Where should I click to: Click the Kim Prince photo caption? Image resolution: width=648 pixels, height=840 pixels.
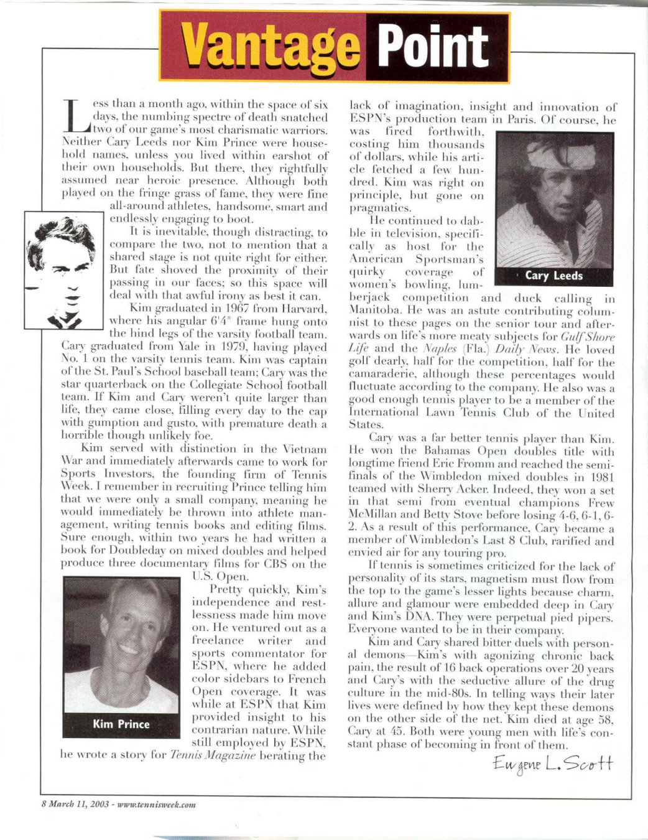pos(121,724)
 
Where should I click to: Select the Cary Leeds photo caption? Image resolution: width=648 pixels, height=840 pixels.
pos(553,275)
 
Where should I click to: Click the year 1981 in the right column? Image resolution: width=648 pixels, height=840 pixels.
pos(601,477)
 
